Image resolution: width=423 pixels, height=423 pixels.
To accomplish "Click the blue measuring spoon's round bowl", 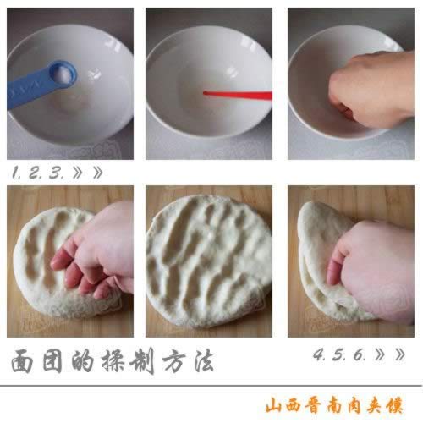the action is [63, 74].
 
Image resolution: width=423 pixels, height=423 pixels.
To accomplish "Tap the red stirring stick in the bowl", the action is [238, 95].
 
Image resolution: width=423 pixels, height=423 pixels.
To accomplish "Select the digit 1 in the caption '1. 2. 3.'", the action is [15, 173].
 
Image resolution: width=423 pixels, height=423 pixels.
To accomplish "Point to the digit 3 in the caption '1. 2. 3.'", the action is [55, 173].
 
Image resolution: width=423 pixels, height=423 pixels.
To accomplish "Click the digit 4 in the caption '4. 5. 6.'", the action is [318, 354].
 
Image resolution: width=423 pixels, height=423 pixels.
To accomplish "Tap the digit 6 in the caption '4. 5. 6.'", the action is [359, 354].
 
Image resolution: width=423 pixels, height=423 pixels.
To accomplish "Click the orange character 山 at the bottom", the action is [274, 405].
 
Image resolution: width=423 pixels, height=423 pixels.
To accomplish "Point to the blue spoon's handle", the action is [28, 90].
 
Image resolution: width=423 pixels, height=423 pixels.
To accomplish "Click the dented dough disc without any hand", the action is [209, 261].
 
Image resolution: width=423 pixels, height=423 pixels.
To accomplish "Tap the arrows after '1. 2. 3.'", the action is [87, 173].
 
